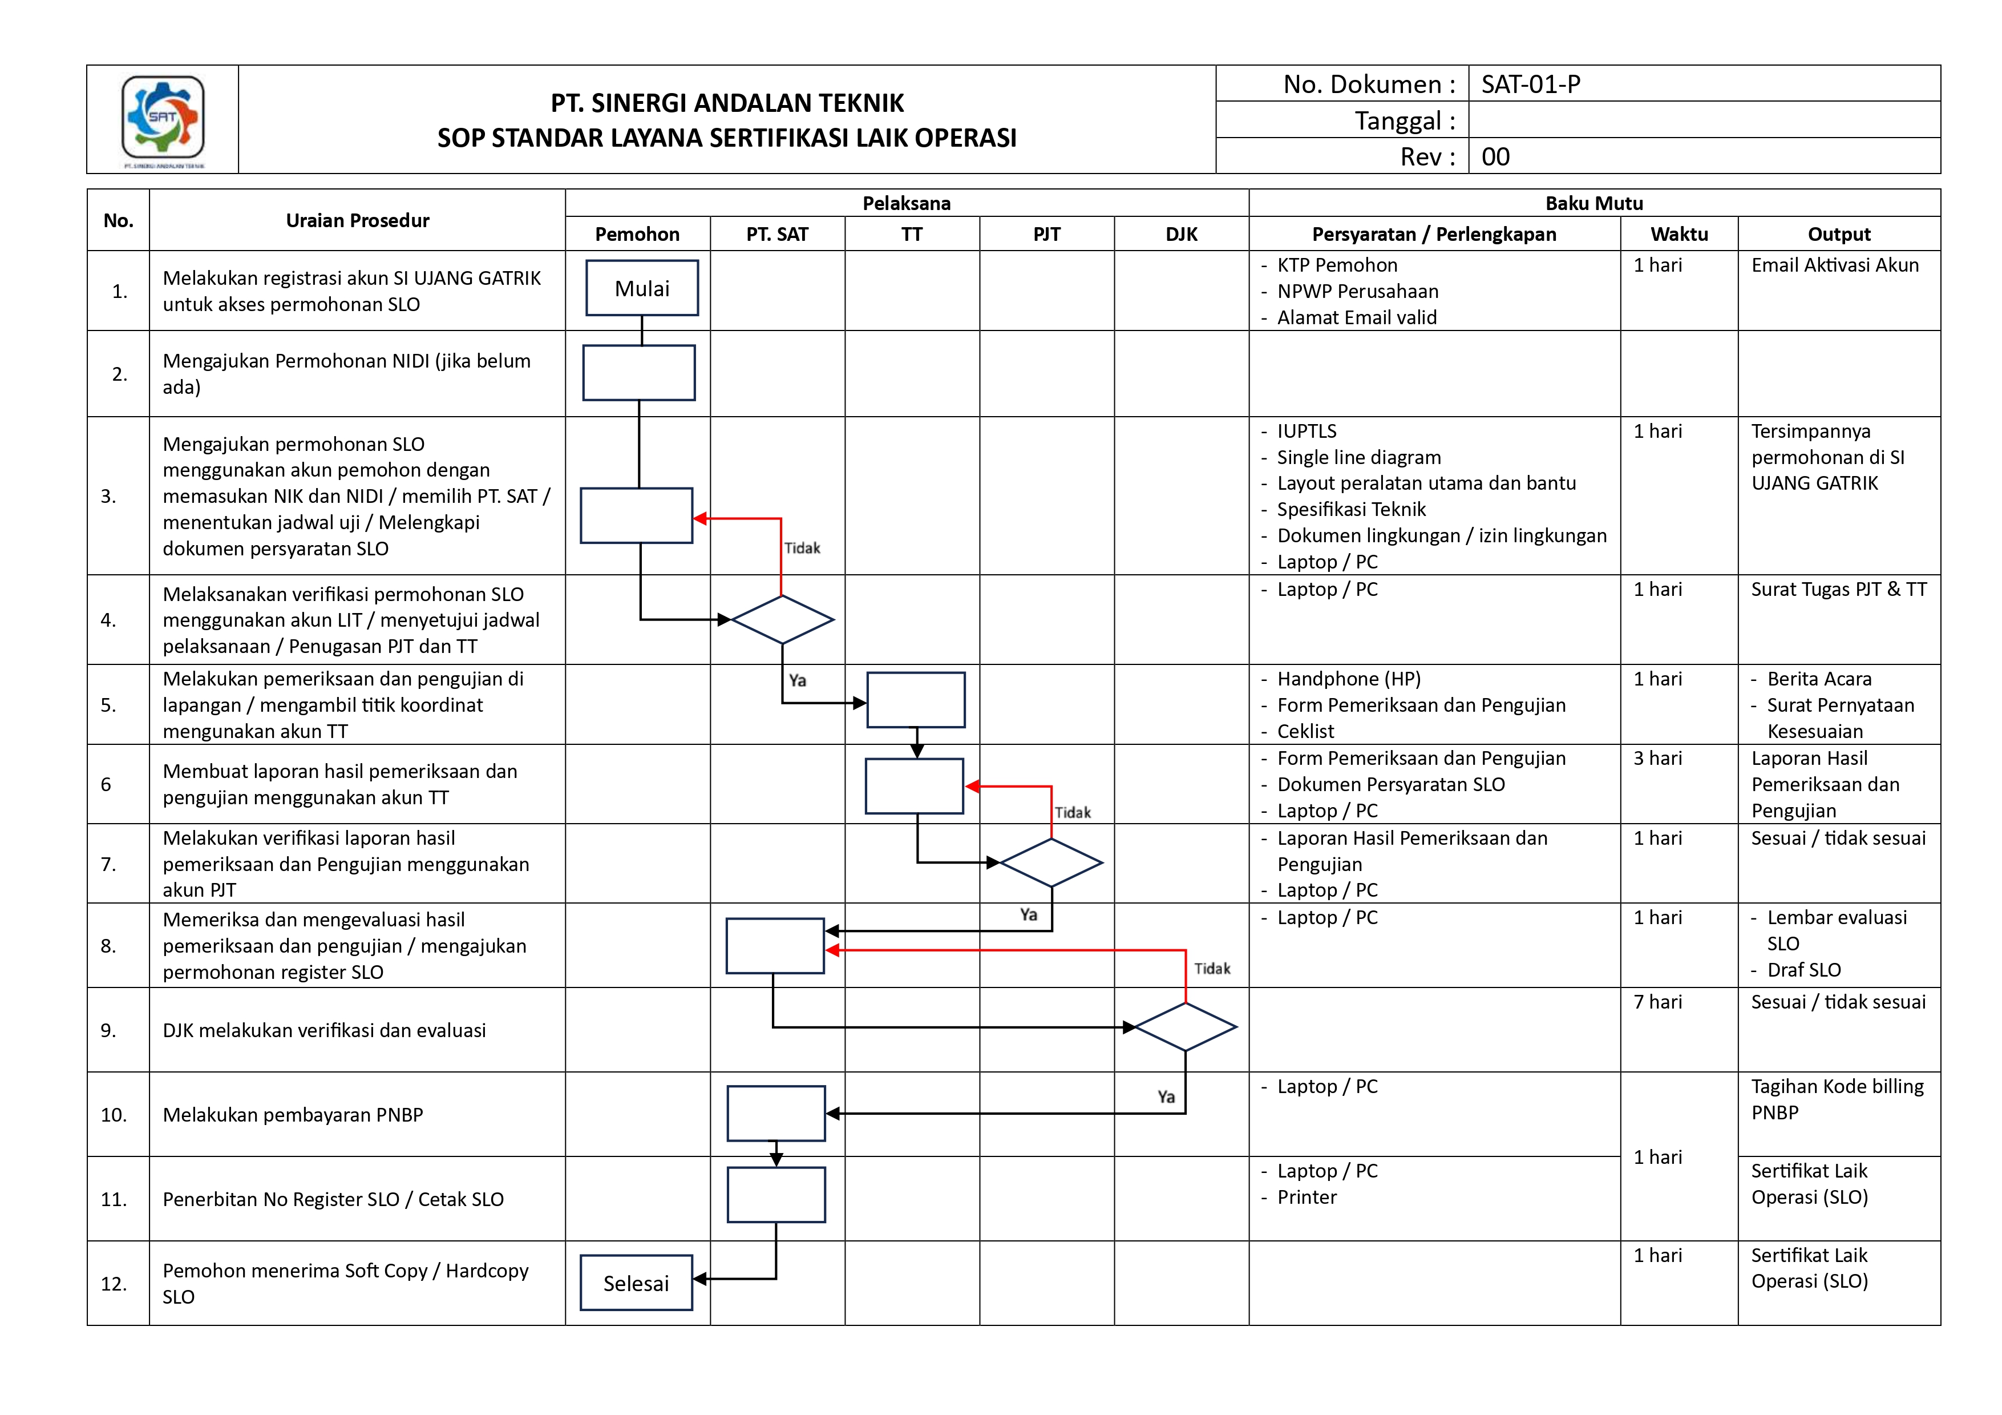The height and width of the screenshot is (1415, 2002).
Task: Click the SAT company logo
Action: tap(163, 118)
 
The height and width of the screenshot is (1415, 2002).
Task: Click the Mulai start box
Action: tap(642, 288)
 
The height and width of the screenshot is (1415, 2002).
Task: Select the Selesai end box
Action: tap(637, 1283)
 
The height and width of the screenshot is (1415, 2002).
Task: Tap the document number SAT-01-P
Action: tap(1530, 84)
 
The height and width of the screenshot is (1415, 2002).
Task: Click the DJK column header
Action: tap(1182, 234)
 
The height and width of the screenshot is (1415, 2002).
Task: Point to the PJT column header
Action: tap(1046, 234)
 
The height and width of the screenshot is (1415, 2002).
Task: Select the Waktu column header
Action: tap(1679, 234)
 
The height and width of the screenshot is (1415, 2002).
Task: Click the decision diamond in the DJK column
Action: tap(1185, 1027)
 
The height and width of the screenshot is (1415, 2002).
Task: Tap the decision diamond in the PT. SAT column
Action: tap(782, 619)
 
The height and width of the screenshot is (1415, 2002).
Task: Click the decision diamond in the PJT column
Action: tap(1051, 863)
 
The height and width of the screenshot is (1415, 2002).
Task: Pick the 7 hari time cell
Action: tap(1657, 1002)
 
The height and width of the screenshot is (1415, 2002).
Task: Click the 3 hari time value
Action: tap(1657, 758)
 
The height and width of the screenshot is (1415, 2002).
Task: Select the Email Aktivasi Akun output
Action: tap(1835, 265)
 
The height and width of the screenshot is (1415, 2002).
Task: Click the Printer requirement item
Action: tap(1306, 1197)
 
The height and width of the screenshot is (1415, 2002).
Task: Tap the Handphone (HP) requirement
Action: tap(1348, 679)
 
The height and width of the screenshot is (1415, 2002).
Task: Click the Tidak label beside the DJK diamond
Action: tap(1212, 968)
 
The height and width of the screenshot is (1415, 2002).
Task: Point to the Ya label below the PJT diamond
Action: tap(1029, 914)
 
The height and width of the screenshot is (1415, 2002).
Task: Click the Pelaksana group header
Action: tap(906, 203)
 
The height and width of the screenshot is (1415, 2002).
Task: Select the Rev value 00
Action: tap(1495, 157)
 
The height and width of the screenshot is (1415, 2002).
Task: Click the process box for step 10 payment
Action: tap(776, 1113)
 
